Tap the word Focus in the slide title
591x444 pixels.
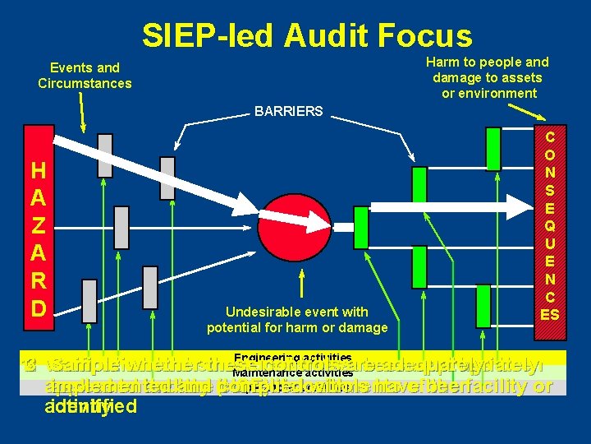pos(434,36)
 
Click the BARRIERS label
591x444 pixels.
pos(289,111)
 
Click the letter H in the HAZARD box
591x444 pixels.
pos(38,171)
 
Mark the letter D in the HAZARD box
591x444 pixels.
pos(38,308)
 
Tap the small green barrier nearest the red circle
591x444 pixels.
pos(361,221)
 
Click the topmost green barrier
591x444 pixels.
pos(492,147)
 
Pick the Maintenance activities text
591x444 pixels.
pos(281,372)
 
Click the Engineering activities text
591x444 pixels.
pos(281,358)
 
